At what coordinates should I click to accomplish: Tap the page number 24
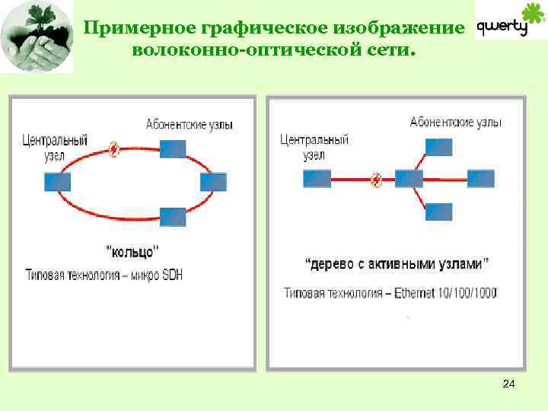[x=509, y=385]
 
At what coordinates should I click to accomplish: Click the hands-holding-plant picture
[x=37, y=37]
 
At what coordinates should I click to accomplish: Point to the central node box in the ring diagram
[x=58, y=182]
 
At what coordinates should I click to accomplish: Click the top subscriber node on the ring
[x=174, y=148]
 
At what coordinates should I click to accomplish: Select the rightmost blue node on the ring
[x=213, y=182]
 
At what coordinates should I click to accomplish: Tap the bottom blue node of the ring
[x=174, y=216]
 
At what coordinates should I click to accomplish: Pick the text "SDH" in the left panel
[x=171, y=274]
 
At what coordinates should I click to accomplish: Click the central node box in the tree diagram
[x=317, y=179]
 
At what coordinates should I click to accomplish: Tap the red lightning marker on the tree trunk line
[x=376, y=180]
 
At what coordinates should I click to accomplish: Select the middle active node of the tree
[x=409, y=179]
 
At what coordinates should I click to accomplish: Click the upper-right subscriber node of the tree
[x=439, y=147]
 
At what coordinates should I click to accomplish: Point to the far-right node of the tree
[x=481, y=179]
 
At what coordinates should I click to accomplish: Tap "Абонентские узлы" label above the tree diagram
[x=455, y=123]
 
